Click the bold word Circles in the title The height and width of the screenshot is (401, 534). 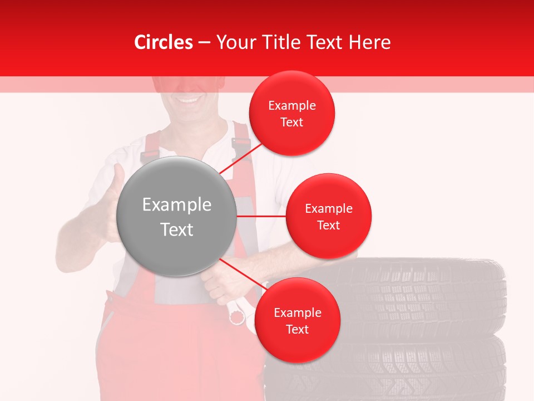[164, 42]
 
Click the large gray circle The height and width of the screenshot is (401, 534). [176, 217]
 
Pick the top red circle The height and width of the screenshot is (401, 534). [291, 114]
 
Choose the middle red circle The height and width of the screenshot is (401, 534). [328, 216]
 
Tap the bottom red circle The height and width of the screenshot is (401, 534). [297, 320]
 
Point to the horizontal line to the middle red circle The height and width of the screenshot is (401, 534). [261, 216]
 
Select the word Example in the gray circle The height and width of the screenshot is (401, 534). [176, 205]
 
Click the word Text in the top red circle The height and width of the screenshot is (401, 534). [291, 123]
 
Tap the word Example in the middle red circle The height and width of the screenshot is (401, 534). [328, 209]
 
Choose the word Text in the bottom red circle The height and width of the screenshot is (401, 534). [297, 329]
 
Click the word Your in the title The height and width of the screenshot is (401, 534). [234, 42]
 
